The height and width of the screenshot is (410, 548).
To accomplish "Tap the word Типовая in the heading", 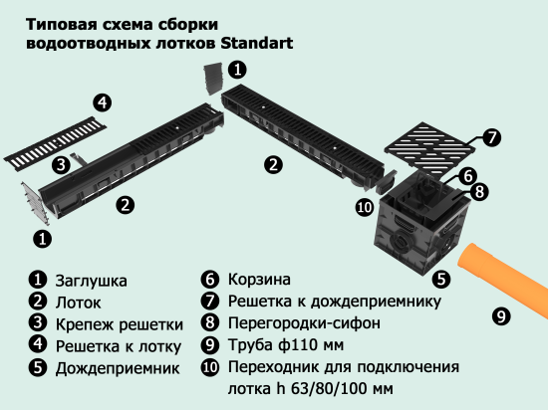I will click(61, 24).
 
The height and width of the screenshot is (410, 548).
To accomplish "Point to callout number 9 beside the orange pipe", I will click(500, 317).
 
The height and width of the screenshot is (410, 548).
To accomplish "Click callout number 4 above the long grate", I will click(103, 102).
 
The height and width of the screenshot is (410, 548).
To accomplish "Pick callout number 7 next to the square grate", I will click(491, 137).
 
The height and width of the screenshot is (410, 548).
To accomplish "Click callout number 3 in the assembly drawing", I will click(61, 164).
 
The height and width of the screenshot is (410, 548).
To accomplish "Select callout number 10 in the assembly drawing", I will click(365, 206).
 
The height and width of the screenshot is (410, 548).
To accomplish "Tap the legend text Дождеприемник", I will click(109, 368).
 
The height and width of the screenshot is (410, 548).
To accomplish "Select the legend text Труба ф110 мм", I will click(283, 346).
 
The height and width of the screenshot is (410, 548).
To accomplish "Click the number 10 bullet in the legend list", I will click(209, 368).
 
